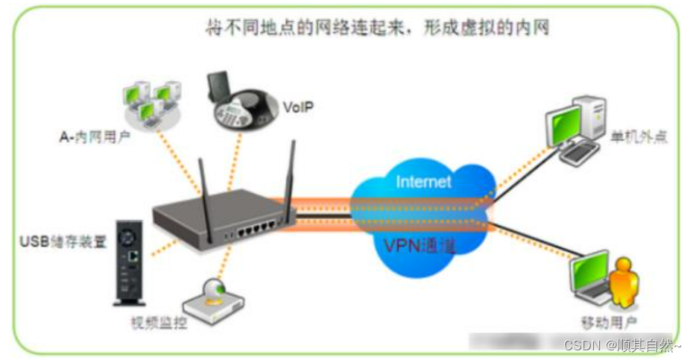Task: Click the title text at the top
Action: point(377,28)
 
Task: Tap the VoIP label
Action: point(299,108)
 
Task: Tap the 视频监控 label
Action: point(158,325)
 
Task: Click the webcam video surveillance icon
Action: point(217,298)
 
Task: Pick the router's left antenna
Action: point(201,183)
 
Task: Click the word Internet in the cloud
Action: point(423,182)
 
